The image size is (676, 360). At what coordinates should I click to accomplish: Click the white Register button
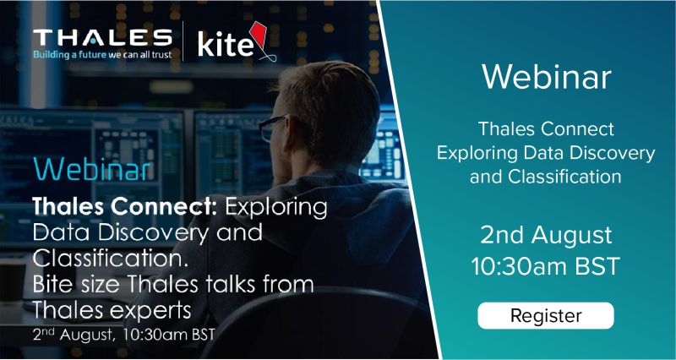546,316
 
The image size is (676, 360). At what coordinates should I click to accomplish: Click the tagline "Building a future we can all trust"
102,55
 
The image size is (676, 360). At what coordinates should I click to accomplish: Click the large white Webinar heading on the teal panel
546,77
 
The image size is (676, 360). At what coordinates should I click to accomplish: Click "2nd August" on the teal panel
546,235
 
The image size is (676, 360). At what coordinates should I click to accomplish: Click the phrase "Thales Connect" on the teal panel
546,131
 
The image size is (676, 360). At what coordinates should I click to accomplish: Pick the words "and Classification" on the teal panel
546,177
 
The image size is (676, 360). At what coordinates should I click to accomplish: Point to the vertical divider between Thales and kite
183,43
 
